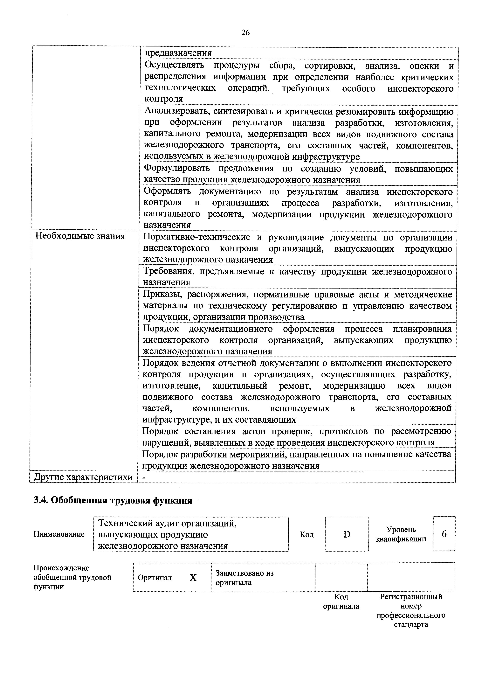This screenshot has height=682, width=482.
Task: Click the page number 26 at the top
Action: pyautogui.click(x=245, y=33)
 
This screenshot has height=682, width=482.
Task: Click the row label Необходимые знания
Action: pyautogui.click(x=80, y=236)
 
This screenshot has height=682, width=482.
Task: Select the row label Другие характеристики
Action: pyautogui.click(x=83, y=477)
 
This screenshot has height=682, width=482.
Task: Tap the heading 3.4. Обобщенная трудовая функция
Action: pyautogui.click(x=113, y=500)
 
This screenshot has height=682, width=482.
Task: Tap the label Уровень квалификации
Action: pyautogui.click(x=401, y=534)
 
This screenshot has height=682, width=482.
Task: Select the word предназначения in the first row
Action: pyautogui.click(x=178, y=53)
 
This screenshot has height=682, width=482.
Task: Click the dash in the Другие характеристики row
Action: pyautogui.click(x=144, y=477)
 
